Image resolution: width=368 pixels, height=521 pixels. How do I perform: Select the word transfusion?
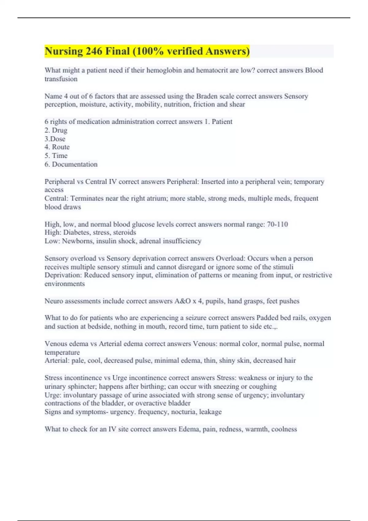pyautogui.click(x=61, y=79)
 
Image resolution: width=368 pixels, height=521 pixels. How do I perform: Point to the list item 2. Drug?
pyautogui.click(x=56, y=130)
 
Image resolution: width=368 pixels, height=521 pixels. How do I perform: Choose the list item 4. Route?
pyautogui.click(x=57, y=147)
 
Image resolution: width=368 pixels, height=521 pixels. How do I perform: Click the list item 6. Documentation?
pyautogui.click(x=71, y=164)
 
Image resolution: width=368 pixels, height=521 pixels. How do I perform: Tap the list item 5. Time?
pyautogui.click(x=56, y=156)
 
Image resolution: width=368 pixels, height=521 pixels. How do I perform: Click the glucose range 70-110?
pyautogui.click(x=277, y=224)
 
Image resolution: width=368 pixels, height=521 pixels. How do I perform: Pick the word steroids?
pyautogui.click(x=125, y=233)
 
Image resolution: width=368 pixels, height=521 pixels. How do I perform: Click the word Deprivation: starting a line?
pyautogui.click(x=63, y=275)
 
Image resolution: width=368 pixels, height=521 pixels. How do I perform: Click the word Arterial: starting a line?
pyautogui.click(x=57, y=361)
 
